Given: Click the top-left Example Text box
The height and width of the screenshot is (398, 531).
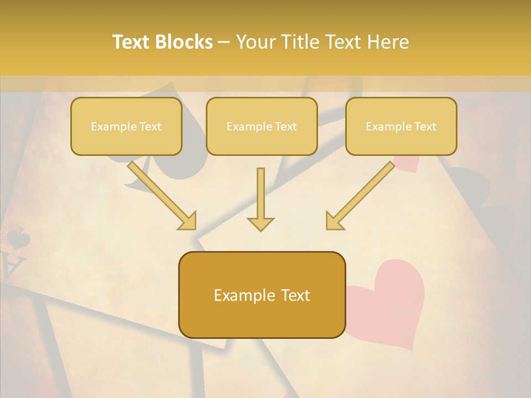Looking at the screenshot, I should (x=126, y=127).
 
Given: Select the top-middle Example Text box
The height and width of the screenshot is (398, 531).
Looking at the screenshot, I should (x=262, y=127).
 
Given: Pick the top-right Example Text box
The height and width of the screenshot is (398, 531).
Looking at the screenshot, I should (x=401, y=127).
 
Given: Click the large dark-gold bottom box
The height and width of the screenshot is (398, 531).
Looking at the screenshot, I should (x=262, y=295).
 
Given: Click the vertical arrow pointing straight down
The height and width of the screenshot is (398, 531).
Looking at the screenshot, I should (x=261, y=196).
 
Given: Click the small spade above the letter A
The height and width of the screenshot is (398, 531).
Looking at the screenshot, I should (x=18, y=239).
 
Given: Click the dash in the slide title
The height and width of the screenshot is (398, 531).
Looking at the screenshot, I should (x=224, y=42).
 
